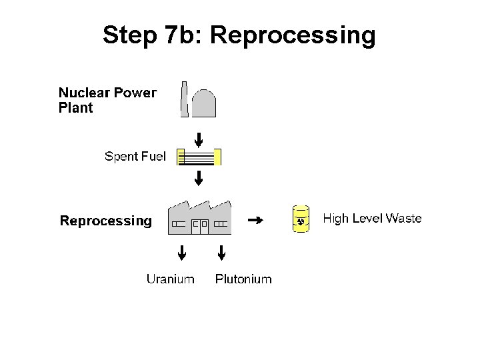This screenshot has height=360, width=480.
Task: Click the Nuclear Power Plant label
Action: click(108, 100)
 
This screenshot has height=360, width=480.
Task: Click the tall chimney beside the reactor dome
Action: click(184, 99)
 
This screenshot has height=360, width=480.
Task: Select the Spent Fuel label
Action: click(135, 157)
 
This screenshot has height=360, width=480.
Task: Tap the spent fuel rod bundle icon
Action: click(199, 157)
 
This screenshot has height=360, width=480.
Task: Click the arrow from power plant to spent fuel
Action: click(198, 140)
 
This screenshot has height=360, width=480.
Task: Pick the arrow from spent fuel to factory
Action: click(198, 178)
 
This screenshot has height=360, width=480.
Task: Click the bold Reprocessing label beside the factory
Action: click(106, 220)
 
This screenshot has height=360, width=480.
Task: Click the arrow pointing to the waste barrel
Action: click(254, 219)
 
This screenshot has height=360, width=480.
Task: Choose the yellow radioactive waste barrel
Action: click(301, 219)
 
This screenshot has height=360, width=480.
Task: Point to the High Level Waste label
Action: click(372, 219)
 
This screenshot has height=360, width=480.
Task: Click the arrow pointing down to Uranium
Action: click(180, 253)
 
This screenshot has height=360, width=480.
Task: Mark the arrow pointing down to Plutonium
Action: click(222, 253)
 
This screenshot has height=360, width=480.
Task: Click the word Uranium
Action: click(171, 279)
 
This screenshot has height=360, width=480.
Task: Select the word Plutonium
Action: click(243, 279)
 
